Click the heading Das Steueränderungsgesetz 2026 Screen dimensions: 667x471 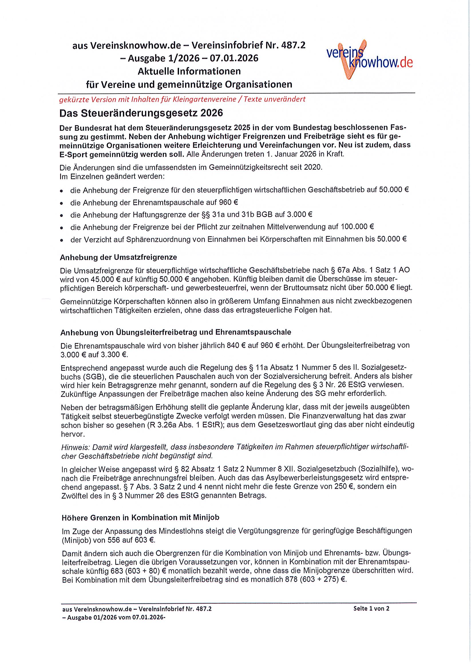pos(141,113)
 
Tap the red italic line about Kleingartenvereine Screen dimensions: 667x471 pos(182,99)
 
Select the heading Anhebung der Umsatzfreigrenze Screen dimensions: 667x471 pos(118,257)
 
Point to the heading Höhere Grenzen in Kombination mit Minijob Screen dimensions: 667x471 pos(140,517)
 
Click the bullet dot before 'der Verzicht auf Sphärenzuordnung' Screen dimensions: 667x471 pos(62,240)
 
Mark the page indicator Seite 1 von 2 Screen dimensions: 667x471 pos(371,608)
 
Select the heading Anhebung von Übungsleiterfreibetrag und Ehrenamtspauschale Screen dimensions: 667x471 pos(175,332)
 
